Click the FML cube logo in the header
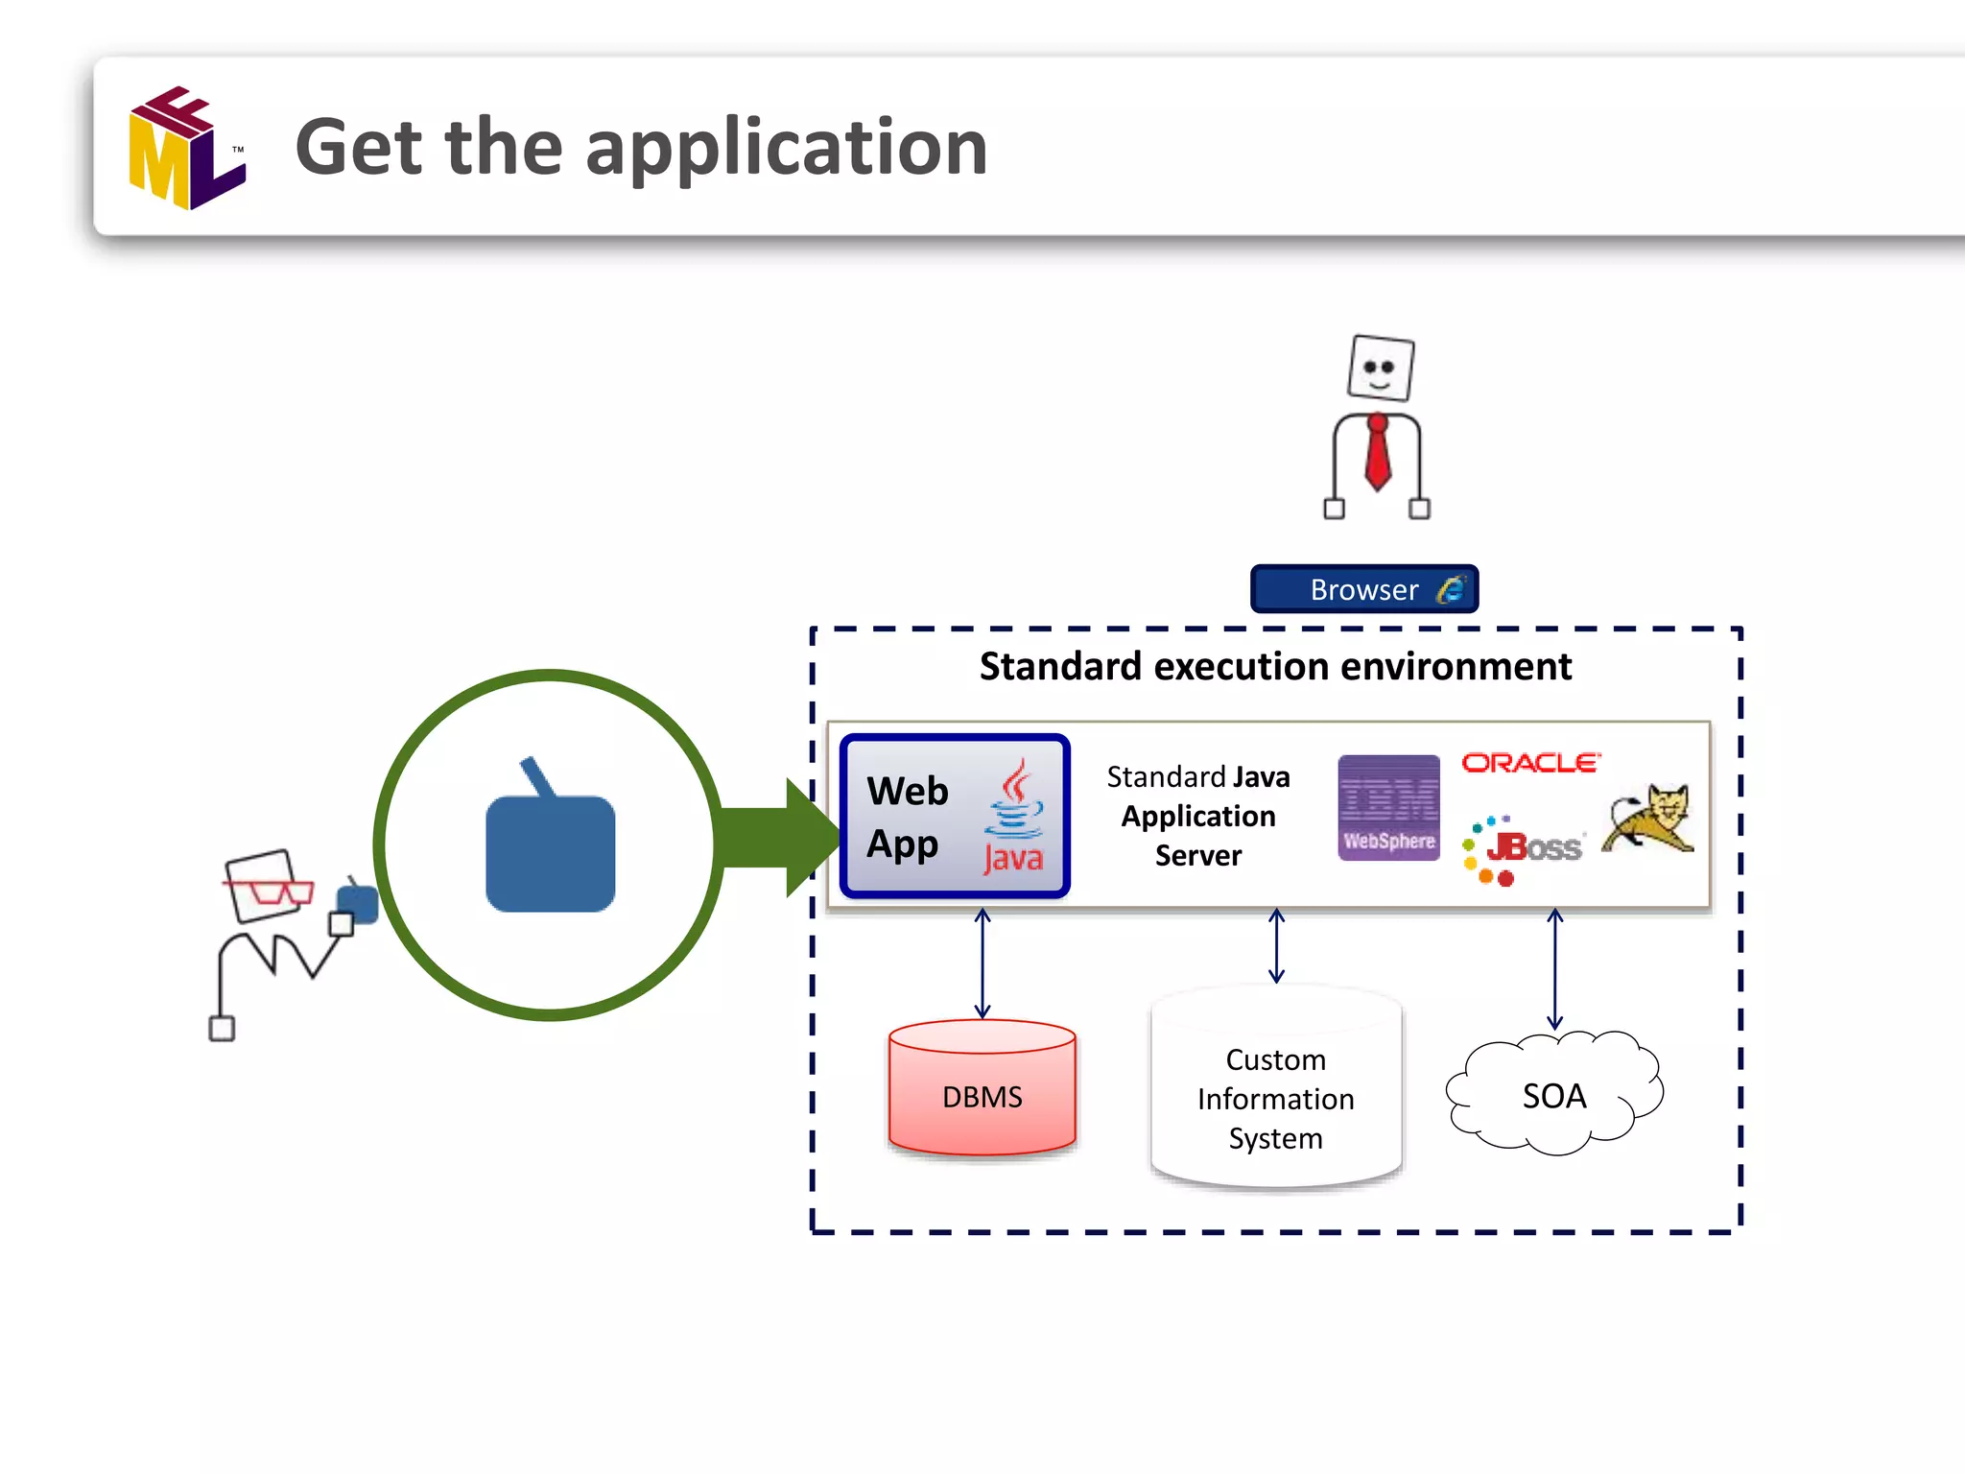188,148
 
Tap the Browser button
1364,588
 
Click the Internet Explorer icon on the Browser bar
1452,588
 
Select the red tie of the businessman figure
1378,453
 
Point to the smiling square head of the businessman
1381,368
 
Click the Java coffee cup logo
1014,817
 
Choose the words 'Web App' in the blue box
907,818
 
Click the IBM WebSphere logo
1388,808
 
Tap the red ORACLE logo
1531,763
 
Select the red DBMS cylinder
982,1087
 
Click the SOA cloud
1554,1094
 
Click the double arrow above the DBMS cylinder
982,963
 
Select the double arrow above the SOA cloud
1555,969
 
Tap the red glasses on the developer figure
269,891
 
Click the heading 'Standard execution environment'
1275,666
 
